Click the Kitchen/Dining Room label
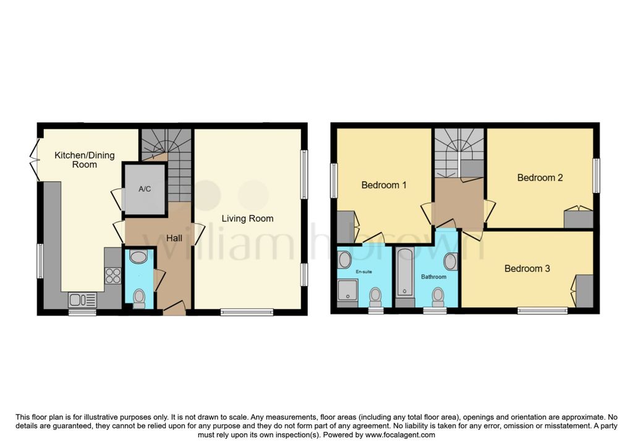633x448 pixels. click(84, 160)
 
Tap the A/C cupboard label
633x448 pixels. click(145, 189)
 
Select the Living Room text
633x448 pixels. click(247, 218)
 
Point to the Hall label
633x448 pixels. click(174, 238)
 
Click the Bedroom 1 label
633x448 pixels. click(384, 185)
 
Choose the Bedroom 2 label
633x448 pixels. click(540, 178)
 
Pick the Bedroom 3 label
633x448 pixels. click(527, 268)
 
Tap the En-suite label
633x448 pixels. click(363, 272)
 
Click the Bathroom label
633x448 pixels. click(433, 277)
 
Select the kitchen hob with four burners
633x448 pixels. click(113, 275)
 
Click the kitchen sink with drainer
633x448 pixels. click(82, 299)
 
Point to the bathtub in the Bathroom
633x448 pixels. click(405, 273)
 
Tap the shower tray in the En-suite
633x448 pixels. click(347, 290)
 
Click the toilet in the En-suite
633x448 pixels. click(375, 297)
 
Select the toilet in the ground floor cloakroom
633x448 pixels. click(139, 298)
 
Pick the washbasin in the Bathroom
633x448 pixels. click(450, 261)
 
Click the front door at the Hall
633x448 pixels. click(174, 308)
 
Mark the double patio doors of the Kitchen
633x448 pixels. click(35, 160)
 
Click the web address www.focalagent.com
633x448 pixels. click(400, 435)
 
